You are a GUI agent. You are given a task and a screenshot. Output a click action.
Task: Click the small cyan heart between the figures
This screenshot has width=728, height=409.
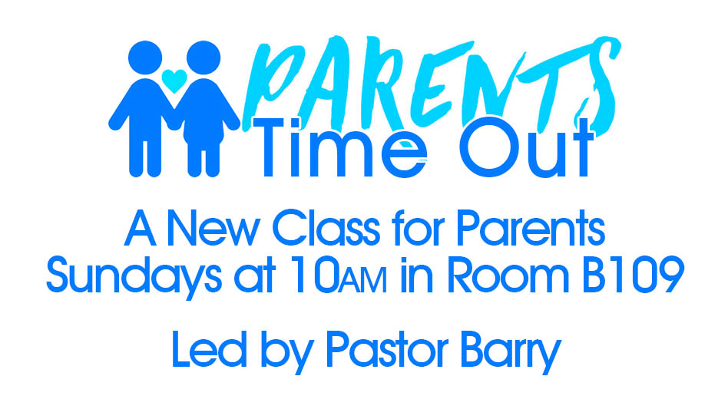pyautogui.click(x=174, y=81)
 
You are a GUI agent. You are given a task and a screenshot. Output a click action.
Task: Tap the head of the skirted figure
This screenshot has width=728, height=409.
pyautogui.click(x=204, y=58)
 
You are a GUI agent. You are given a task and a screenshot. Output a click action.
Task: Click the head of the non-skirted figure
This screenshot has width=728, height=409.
pyautogui.click(x=145, y=58)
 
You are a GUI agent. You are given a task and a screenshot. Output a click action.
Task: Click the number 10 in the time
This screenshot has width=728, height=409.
pyautogui.click(x=314, y=276)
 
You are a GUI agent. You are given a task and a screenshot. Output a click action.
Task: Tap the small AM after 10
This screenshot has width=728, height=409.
pyautogui.click(x=362, y=281)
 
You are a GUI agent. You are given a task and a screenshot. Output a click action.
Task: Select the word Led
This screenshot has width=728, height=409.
pyautogui.click(x=209, y=349)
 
